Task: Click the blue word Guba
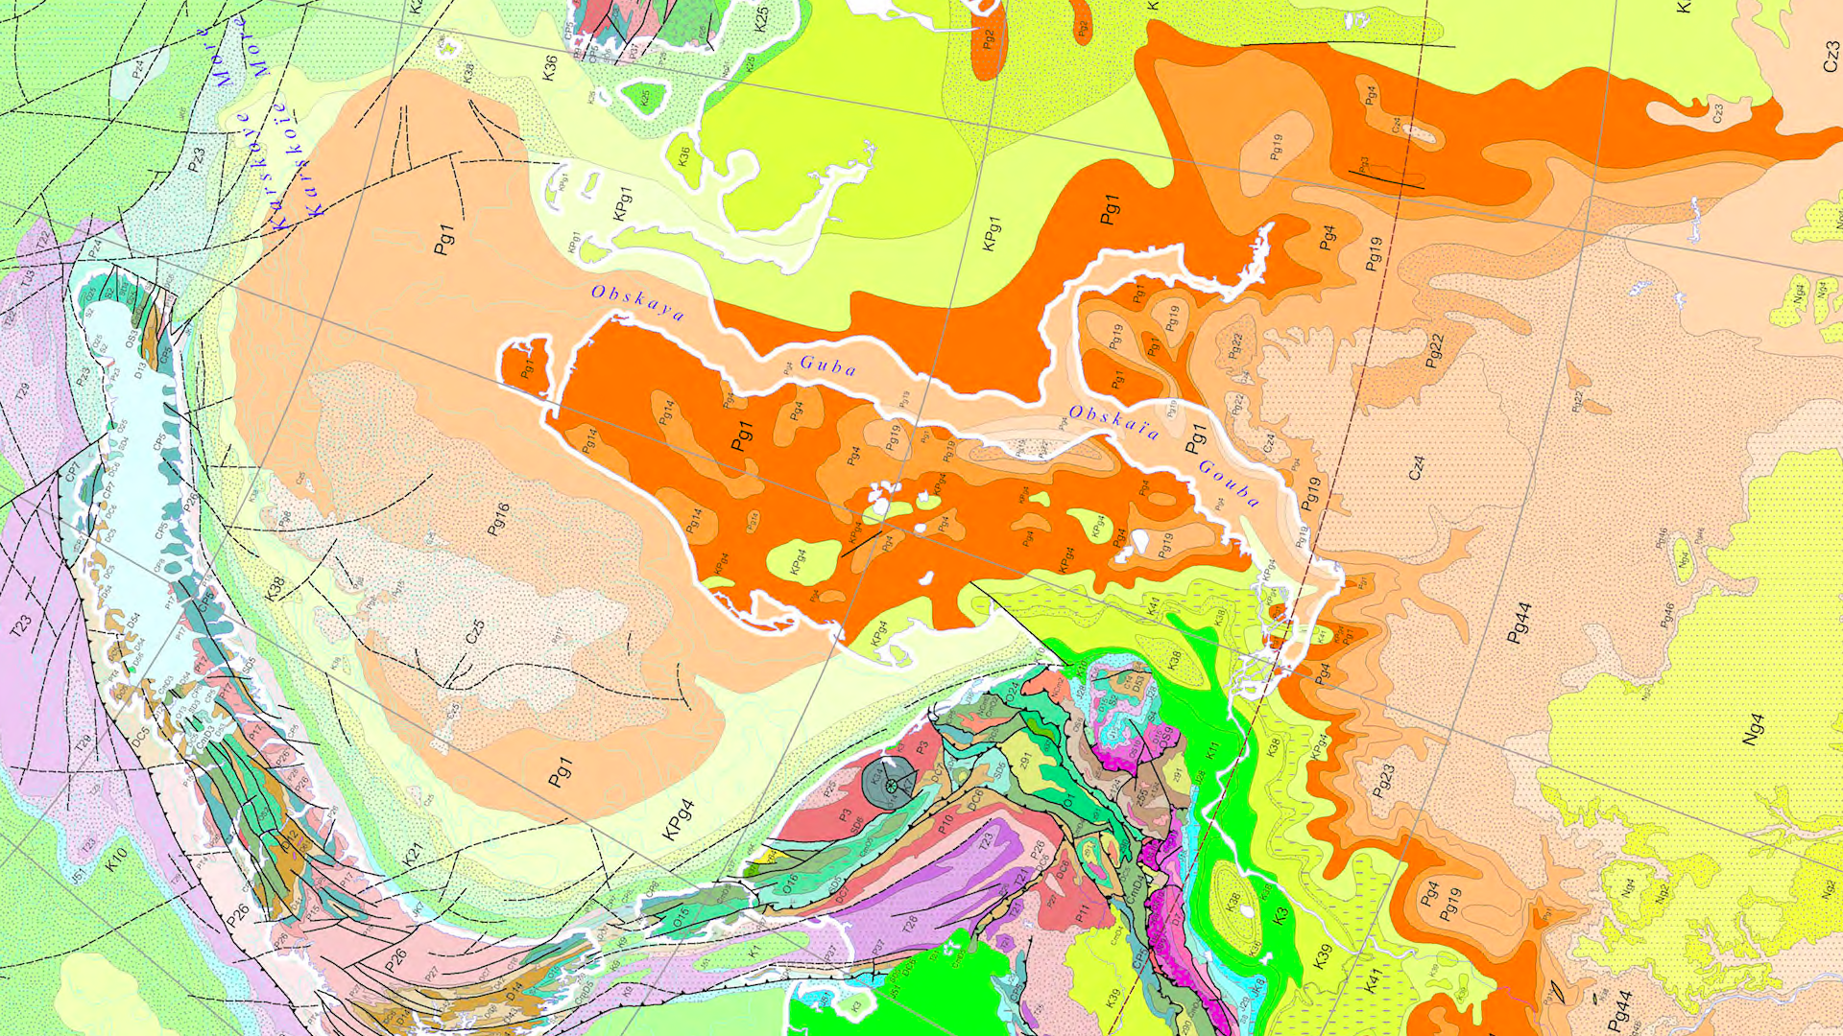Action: [x=828, y=365]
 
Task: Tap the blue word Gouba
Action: [x=1228, y=483]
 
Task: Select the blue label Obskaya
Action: [x=638, y=303]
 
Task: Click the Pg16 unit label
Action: [x=498, y=519]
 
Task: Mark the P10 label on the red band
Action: [x=945, y=823]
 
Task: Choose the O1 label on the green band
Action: [x=1068, y=798]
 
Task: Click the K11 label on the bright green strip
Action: [x=1211, y=751]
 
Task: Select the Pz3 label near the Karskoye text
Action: [x=196, y=159]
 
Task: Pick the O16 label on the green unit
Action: [x=789, y=883]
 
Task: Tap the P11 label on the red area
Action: [x=1082, y=910]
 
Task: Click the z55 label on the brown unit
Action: [x=1142, y=796]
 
